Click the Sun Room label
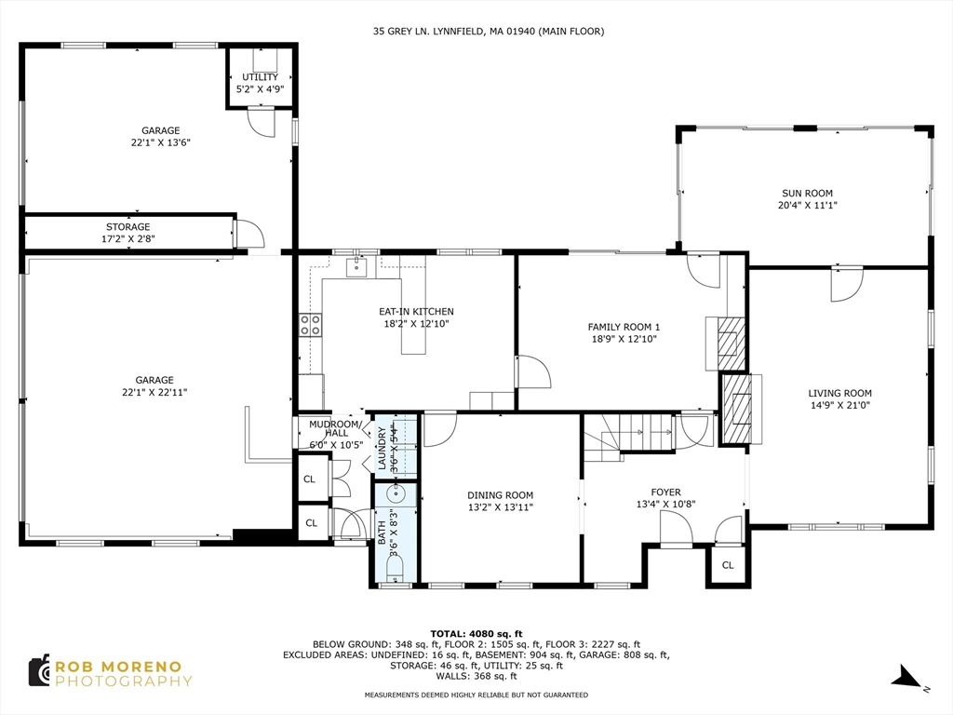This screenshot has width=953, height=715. [806, 193]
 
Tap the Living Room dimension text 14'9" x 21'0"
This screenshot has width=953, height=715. [839, 405]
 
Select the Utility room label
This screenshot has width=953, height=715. [260, 77]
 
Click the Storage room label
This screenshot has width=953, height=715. [128, 227]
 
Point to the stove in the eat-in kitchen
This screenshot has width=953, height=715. [310, 324]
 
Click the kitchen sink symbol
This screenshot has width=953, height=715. [356, 268]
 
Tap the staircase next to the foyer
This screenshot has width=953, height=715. [626, 434]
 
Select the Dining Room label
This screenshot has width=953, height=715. [501, 495]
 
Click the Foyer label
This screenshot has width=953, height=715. [665, 492]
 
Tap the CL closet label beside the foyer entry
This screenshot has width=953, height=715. [728, 565]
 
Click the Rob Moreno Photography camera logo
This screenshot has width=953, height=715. [38, 670]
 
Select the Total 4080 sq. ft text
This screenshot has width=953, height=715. [476, 631]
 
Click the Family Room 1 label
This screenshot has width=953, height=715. [624, 327]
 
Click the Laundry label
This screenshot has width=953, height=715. [382, 448]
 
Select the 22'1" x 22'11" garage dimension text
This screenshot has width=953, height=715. [154, 392]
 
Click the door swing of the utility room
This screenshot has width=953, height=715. [261, 121]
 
